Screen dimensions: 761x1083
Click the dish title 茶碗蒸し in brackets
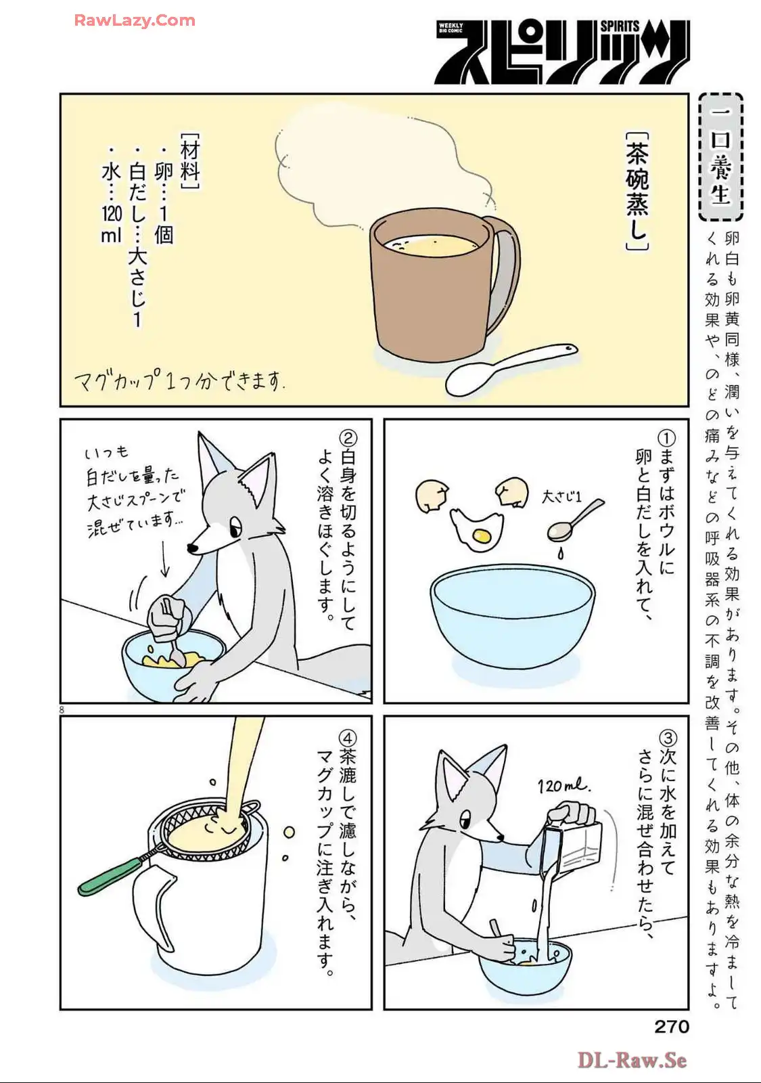click(x=637, y=191)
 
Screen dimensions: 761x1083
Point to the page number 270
click(x=672, y=1026)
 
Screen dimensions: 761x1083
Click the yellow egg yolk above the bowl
click(x=482, y=535)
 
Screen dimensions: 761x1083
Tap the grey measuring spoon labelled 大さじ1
click(x=575, y=521)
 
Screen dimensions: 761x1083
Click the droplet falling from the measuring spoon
click(x=561, y=554)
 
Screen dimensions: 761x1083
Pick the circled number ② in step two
click(x=348, y=438)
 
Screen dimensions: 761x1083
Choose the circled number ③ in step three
click(x=667, y=738)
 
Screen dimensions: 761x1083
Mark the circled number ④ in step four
click(x=348, y=738)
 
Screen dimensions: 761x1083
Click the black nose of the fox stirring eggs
click(x=193, y=548)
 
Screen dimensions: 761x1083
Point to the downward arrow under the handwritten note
click(x=164, y=558)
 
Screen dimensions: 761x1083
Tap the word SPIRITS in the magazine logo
click(x=620, y=26)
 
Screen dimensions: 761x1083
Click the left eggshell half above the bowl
click(x=432, y=496)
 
